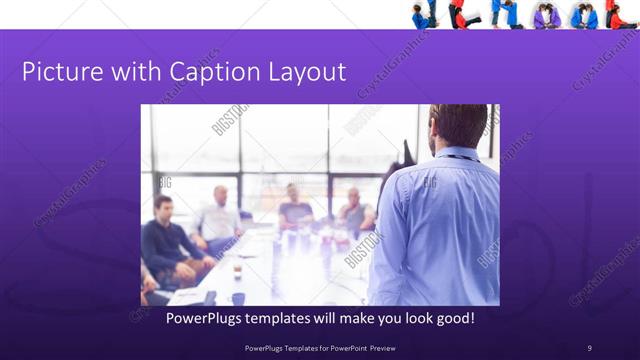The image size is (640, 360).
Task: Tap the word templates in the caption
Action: click(x=289, y=318)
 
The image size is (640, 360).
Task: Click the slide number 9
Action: click(x=589, y=347)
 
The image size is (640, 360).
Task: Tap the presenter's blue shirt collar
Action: click(x=456, y=155)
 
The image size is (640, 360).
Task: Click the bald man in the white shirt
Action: click(x=219, y=215)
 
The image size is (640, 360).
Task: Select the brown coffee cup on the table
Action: click(x=237, y=268)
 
